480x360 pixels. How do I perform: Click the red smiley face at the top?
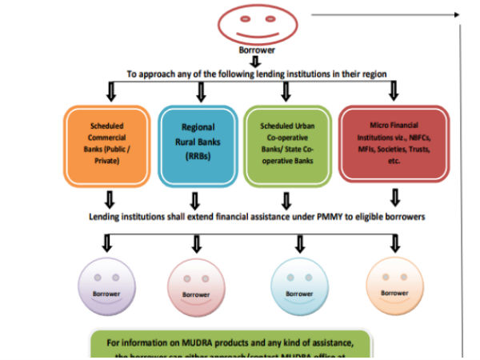pos(252,25)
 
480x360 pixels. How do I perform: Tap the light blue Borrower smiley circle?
pos(300,288)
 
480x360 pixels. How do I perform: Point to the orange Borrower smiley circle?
pos(393,286)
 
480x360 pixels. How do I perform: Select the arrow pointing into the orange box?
pos(109,94)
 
